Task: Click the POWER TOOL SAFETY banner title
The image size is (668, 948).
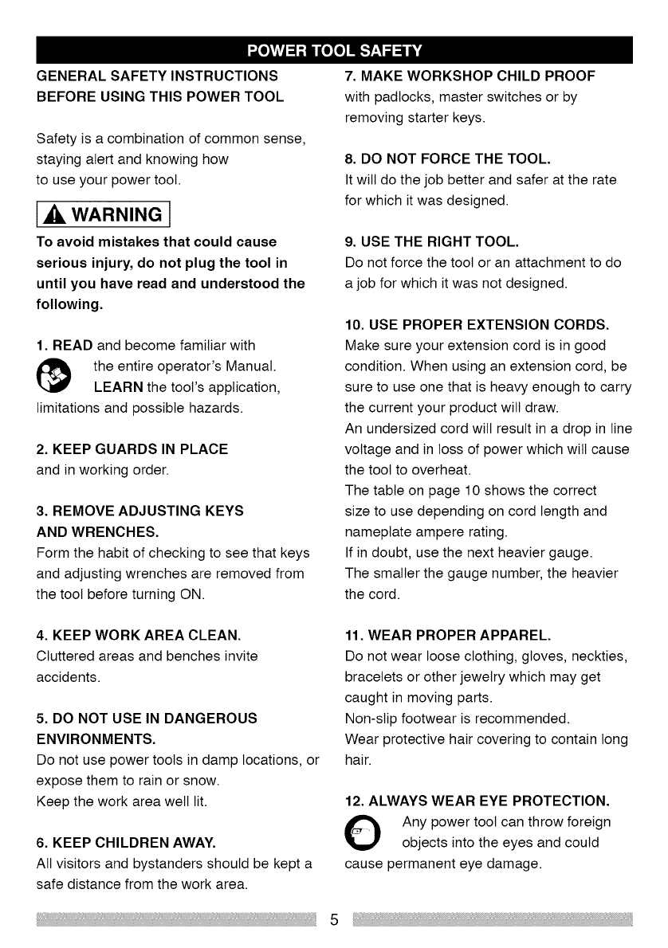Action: click(333, 53)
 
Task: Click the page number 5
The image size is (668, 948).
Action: click(335, 920)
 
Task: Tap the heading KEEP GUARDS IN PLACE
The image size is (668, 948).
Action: click(132, 449)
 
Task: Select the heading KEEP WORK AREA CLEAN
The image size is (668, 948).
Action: click(139, 636)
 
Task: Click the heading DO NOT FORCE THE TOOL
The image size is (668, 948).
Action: click(447, 160)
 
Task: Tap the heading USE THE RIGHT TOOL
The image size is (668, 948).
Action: click(431, 242)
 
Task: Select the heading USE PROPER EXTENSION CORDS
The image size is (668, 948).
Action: click(477, 325)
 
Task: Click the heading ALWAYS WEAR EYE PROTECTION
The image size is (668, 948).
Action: click(477, 799)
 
